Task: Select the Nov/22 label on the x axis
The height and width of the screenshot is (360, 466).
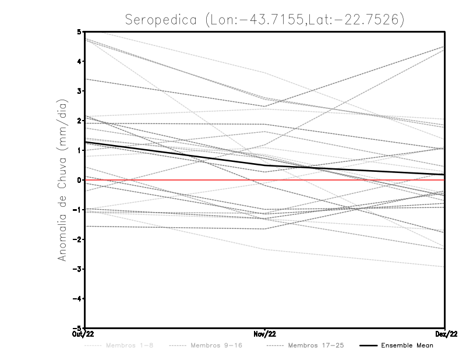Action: click(264, 334)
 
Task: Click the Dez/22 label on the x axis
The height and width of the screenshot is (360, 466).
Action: click(445, 334)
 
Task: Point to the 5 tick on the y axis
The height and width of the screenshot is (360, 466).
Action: click(79, 31)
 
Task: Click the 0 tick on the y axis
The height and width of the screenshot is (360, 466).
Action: click(79, 180)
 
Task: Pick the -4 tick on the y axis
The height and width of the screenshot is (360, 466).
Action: click(77, 298)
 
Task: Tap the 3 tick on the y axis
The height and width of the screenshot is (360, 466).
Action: click(79, 91)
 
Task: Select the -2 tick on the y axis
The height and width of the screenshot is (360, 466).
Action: click(77, 239)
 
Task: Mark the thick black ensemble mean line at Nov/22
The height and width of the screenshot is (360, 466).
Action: click(264, 165)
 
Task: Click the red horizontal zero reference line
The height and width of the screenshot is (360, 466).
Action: click(349, 180)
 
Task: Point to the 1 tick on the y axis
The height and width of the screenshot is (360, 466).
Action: click(79, 150)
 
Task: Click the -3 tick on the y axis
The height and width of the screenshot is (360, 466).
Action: click(77, 269)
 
